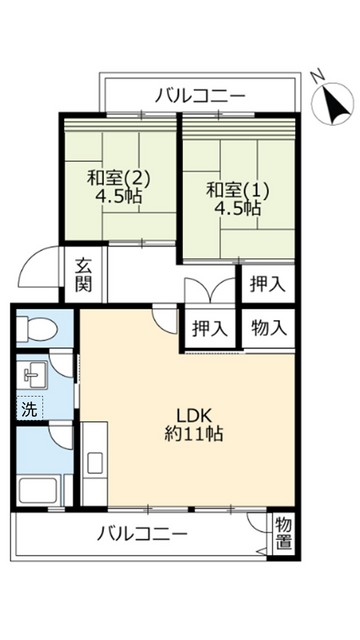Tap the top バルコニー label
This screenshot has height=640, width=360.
coord(200,96)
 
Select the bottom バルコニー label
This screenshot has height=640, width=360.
coord(142,534)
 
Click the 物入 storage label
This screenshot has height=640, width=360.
coord(269,327)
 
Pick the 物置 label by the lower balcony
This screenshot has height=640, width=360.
coord(283,533)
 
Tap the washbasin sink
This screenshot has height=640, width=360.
coord(34,377)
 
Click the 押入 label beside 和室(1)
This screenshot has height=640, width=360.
coord(266,284)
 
